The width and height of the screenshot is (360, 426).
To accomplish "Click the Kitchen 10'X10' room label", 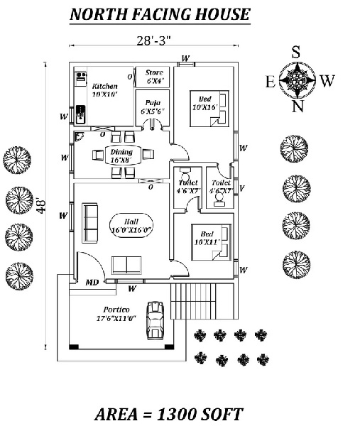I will click(x=104, y=89).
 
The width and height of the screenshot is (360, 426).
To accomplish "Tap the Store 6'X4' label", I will click(x=154, y=77).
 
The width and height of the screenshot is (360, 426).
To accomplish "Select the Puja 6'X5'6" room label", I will click(x=152, y=106).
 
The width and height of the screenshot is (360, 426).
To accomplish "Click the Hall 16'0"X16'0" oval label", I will click(x=132, y=225).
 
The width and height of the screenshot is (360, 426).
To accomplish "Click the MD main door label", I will click(x=92, y=283).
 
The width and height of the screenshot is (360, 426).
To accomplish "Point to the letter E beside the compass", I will click(x=270, y=82).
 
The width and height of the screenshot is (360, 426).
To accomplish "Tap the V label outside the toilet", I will click(x=243, y=188).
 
